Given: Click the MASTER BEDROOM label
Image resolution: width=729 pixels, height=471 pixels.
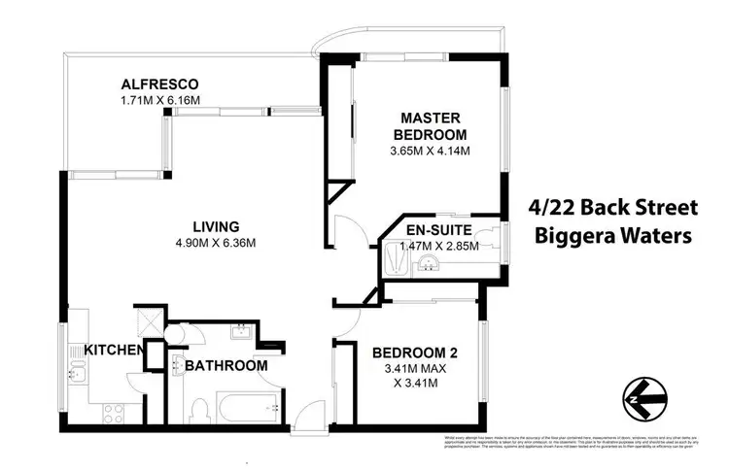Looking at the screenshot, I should click(430, 125).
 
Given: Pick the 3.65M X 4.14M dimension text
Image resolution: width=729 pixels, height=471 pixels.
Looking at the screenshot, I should click(430, 151).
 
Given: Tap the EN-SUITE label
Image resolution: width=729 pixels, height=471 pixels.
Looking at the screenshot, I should click(439, 230).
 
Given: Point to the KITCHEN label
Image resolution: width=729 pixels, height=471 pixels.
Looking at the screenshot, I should click(114, 350).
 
